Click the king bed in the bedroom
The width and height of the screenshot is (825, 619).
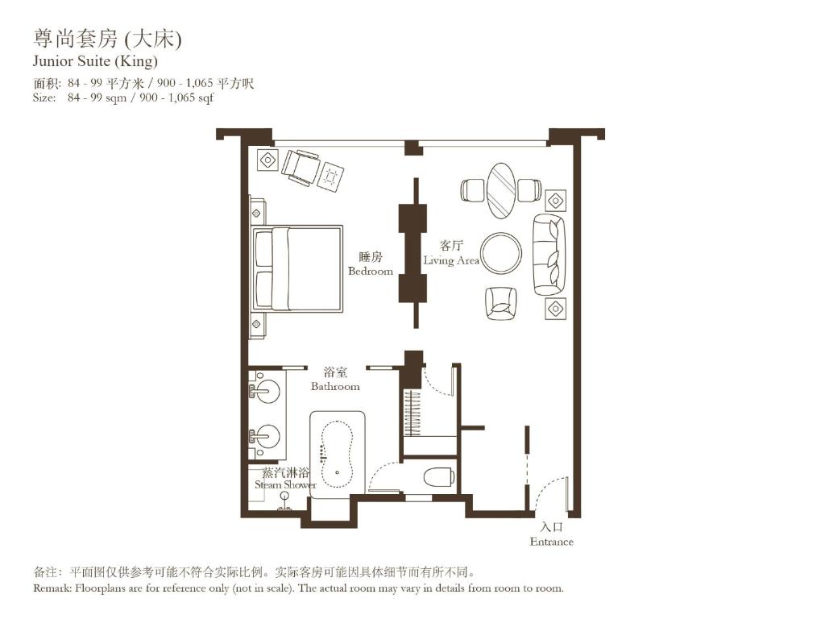tap(298, 268)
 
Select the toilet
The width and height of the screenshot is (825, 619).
tap(438, 476)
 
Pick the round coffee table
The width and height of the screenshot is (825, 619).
tap(501, 253)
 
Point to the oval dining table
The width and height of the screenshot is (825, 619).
tap(501, 191)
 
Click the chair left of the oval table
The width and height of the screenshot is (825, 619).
tap(471, 190)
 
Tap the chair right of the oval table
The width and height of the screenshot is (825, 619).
tap(529, 190)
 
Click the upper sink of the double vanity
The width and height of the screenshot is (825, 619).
tap(267, 392)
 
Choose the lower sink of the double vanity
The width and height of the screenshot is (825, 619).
tap(267, 436)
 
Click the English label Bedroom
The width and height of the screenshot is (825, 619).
tap(371, 272)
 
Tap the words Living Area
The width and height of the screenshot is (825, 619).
tap(451, 260)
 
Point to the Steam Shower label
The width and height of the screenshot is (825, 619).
tap(285, 484)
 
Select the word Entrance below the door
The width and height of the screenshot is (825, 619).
tap(552, 542)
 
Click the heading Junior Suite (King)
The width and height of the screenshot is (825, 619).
tap(95, 61)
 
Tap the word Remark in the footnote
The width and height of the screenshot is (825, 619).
tap(53, 588)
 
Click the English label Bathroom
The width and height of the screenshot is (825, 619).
tap(335, 387)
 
